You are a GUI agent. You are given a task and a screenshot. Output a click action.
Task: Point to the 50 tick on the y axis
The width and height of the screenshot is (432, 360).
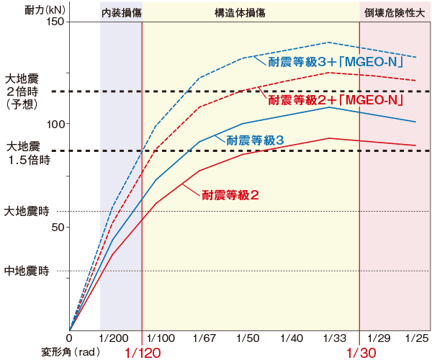tap(58, 227)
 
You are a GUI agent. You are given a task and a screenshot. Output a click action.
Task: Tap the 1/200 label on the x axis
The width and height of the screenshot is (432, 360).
tap(114, 338)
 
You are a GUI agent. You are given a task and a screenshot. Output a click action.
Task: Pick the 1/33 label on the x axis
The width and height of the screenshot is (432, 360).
tap(334, 338)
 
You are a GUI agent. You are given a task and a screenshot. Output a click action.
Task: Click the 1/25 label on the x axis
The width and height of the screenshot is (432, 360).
tap(418, 338)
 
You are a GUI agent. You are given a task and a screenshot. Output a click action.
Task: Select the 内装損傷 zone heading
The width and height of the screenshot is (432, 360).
tap(120, 13)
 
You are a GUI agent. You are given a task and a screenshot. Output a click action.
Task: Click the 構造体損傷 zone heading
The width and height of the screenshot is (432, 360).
tap(249, 13)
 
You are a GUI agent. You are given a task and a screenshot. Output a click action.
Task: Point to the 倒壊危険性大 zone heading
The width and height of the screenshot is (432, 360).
tap(395, 13)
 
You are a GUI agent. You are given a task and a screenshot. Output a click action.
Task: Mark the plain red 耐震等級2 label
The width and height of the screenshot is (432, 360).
tap(230, 194)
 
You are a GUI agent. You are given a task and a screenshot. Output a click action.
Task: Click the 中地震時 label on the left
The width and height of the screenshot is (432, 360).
tap(27, 271)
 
